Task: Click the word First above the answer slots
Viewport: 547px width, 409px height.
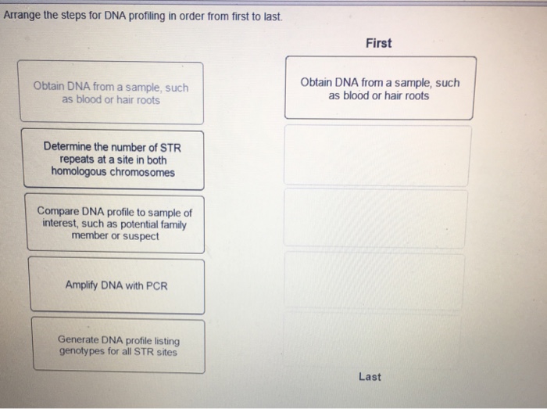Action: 378,43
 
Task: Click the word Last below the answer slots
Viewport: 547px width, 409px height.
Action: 370,377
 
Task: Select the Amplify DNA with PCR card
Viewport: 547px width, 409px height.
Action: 117,285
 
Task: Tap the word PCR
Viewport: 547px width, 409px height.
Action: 156,286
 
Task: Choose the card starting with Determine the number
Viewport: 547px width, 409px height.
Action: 113,160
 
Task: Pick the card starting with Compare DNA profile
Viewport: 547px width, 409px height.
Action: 115,224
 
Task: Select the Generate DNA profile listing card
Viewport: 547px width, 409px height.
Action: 119,346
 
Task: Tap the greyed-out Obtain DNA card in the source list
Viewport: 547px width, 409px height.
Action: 111,92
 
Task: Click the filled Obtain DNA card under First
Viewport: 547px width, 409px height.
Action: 380,88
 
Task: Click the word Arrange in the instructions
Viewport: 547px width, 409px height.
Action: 22,16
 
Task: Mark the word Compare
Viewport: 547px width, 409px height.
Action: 58,211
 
